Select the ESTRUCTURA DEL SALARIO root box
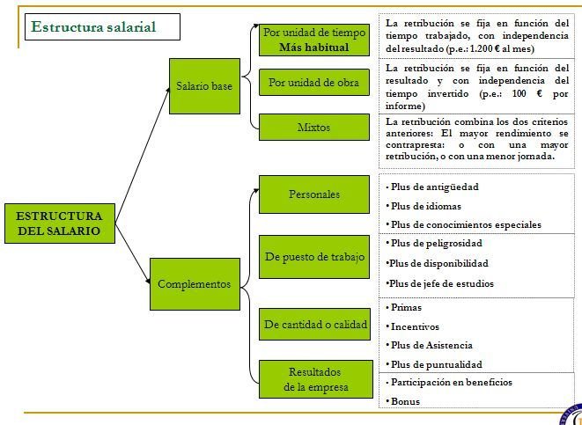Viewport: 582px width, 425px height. (59, 223)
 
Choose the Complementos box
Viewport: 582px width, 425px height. (194, 284)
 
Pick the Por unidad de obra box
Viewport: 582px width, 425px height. (313, 83)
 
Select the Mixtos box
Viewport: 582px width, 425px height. (313, 127)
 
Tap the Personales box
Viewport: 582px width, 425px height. (313, 194)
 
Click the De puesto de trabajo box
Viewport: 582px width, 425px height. (313, 257)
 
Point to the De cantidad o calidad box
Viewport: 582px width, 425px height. (315, 325)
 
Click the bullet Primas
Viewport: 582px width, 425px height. (408, 308)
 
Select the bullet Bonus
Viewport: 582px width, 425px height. (406, 401)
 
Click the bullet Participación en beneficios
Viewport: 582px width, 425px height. (451, 383)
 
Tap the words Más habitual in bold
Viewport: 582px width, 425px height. (313, 48)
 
